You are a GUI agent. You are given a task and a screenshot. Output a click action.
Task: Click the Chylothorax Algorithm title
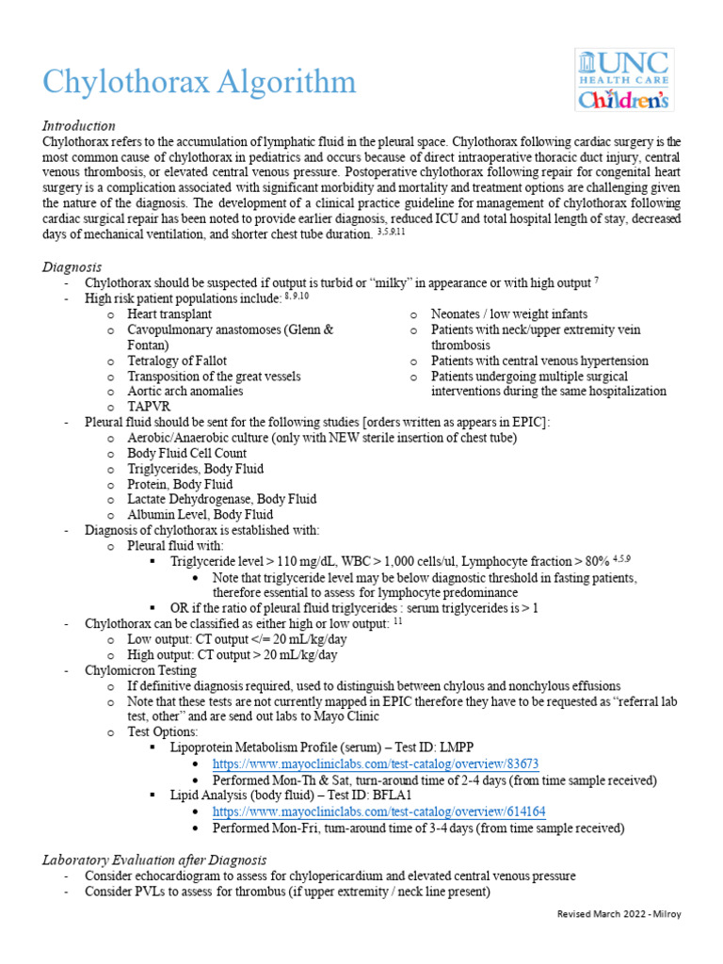click(200, 82)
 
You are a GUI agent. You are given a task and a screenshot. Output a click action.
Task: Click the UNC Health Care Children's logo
click(623, 80)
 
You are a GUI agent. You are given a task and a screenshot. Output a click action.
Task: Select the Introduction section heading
click(79, 125)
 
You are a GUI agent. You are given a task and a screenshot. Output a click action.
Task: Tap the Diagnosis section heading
click(72, 267)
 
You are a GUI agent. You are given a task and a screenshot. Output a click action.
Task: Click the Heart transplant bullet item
click(169, 313)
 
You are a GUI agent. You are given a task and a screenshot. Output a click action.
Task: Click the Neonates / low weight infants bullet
click(508, 313)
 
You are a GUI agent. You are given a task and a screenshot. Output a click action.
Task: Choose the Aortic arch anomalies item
click(185, 391)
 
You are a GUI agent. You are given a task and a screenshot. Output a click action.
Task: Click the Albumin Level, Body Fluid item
click(200, 514)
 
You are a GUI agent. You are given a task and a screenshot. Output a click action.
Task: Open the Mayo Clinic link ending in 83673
click(376, 764)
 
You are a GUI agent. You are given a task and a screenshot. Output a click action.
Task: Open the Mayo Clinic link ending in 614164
click(379, 811)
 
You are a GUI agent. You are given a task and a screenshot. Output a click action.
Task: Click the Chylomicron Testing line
click(140, 670)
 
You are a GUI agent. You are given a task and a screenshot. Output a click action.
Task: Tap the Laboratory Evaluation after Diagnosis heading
click(154, 860)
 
